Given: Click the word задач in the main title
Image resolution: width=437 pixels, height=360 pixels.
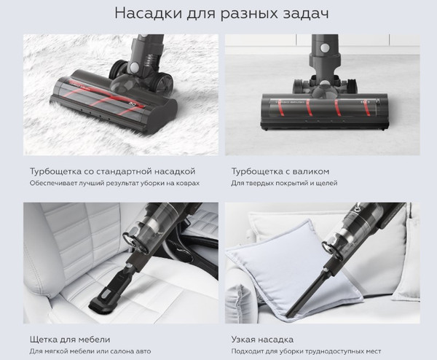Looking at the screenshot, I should (296, 14).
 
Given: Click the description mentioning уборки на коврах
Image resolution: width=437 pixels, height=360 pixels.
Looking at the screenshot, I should (114, 184).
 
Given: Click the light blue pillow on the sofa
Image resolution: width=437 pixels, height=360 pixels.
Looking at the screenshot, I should (269, 270).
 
